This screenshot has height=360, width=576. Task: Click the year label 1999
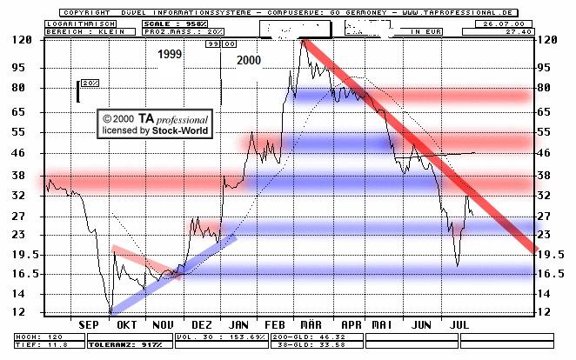pyautogui.click(x=171, y=55)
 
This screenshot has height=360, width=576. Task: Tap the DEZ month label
pyautogui.click(x=202, y=324)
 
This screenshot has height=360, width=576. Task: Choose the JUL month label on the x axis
pyautogui.click(x=460, y=324)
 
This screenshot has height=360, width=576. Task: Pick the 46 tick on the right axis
pyautogui.click(x=549, y=153)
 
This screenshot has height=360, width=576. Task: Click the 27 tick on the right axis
pyautogui.click(x=549, y=216)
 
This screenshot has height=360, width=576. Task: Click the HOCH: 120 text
pyautogui.click(x=31, y=335)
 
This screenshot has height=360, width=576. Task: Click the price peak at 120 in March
pyautogui.click(x=302, y=41)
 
